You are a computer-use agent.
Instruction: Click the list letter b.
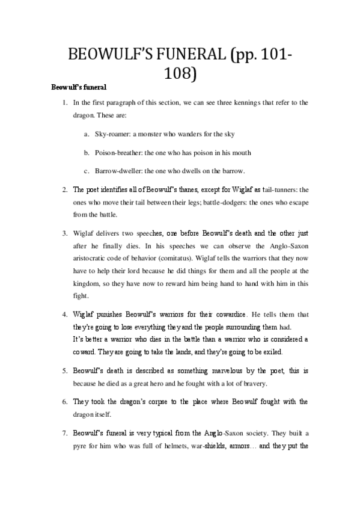pyautogui.click(x=87, y=153)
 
